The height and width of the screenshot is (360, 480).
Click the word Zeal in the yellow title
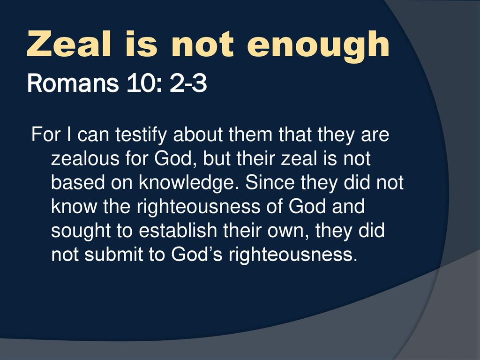(x=69, y=44)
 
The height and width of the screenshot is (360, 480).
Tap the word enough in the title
(x=318, y=47)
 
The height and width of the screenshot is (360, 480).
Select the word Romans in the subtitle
(x=73, y=83)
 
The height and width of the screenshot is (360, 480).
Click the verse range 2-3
(x=188, y=83)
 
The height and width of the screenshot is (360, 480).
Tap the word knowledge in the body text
(x=189, y=183)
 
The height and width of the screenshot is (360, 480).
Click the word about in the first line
(x=198, y=135)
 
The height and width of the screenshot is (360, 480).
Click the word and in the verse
(x=348, y=206)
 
